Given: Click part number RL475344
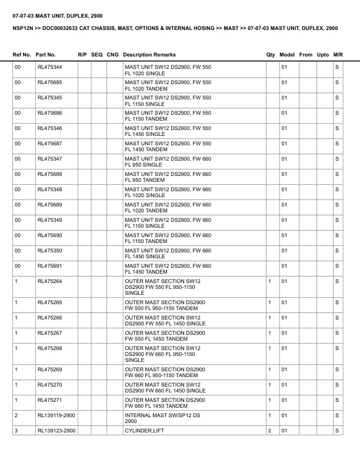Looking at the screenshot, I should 49,67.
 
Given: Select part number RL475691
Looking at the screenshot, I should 49,266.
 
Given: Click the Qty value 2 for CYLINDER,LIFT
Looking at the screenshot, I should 269,431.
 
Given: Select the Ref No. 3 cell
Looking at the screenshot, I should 16,431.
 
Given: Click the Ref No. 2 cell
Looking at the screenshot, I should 16,415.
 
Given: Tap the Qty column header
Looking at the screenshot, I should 271,55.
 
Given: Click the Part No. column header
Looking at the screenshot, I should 46,55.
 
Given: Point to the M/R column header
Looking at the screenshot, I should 338,55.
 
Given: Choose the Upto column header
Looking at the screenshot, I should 323,55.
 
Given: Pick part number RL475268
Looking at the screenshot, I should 49,348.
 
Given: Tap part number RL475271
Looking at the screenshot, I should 49,400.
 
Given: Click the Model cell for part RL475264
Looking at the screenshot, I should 284,281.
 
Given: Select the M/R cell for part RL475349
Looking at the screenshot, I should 337,220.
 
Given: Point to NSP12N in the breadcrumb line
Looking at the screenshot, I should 24,28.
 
